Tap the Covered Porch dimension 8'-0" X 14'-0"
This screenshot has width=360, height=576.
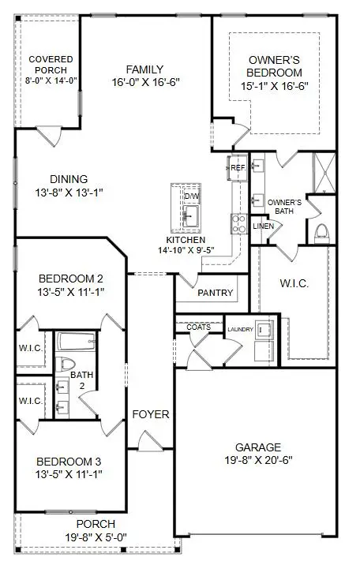[x=51, y=80]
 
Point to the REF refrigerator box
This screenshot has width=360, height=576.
[x=238, y=167]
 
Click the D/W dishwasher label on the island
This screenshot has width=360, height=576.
[x=192, y=196]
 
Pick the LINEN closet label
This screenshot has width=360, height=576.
[x=264, y=226]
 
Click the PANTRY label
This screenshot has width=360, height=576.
[x=216, y=293]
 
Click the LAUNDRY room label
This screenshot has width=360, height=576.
[x=239, y=329]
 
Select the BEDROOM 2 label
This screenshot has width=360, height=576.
[x=70, y=279]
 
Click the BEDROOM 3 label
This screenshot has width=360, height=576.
[x=70, y=462]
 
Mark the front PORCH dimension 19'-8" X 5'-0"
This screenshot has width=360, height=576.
[x=96, y=536]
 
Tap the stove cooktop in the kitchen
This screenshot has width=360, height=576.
[x=238, y=224]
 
